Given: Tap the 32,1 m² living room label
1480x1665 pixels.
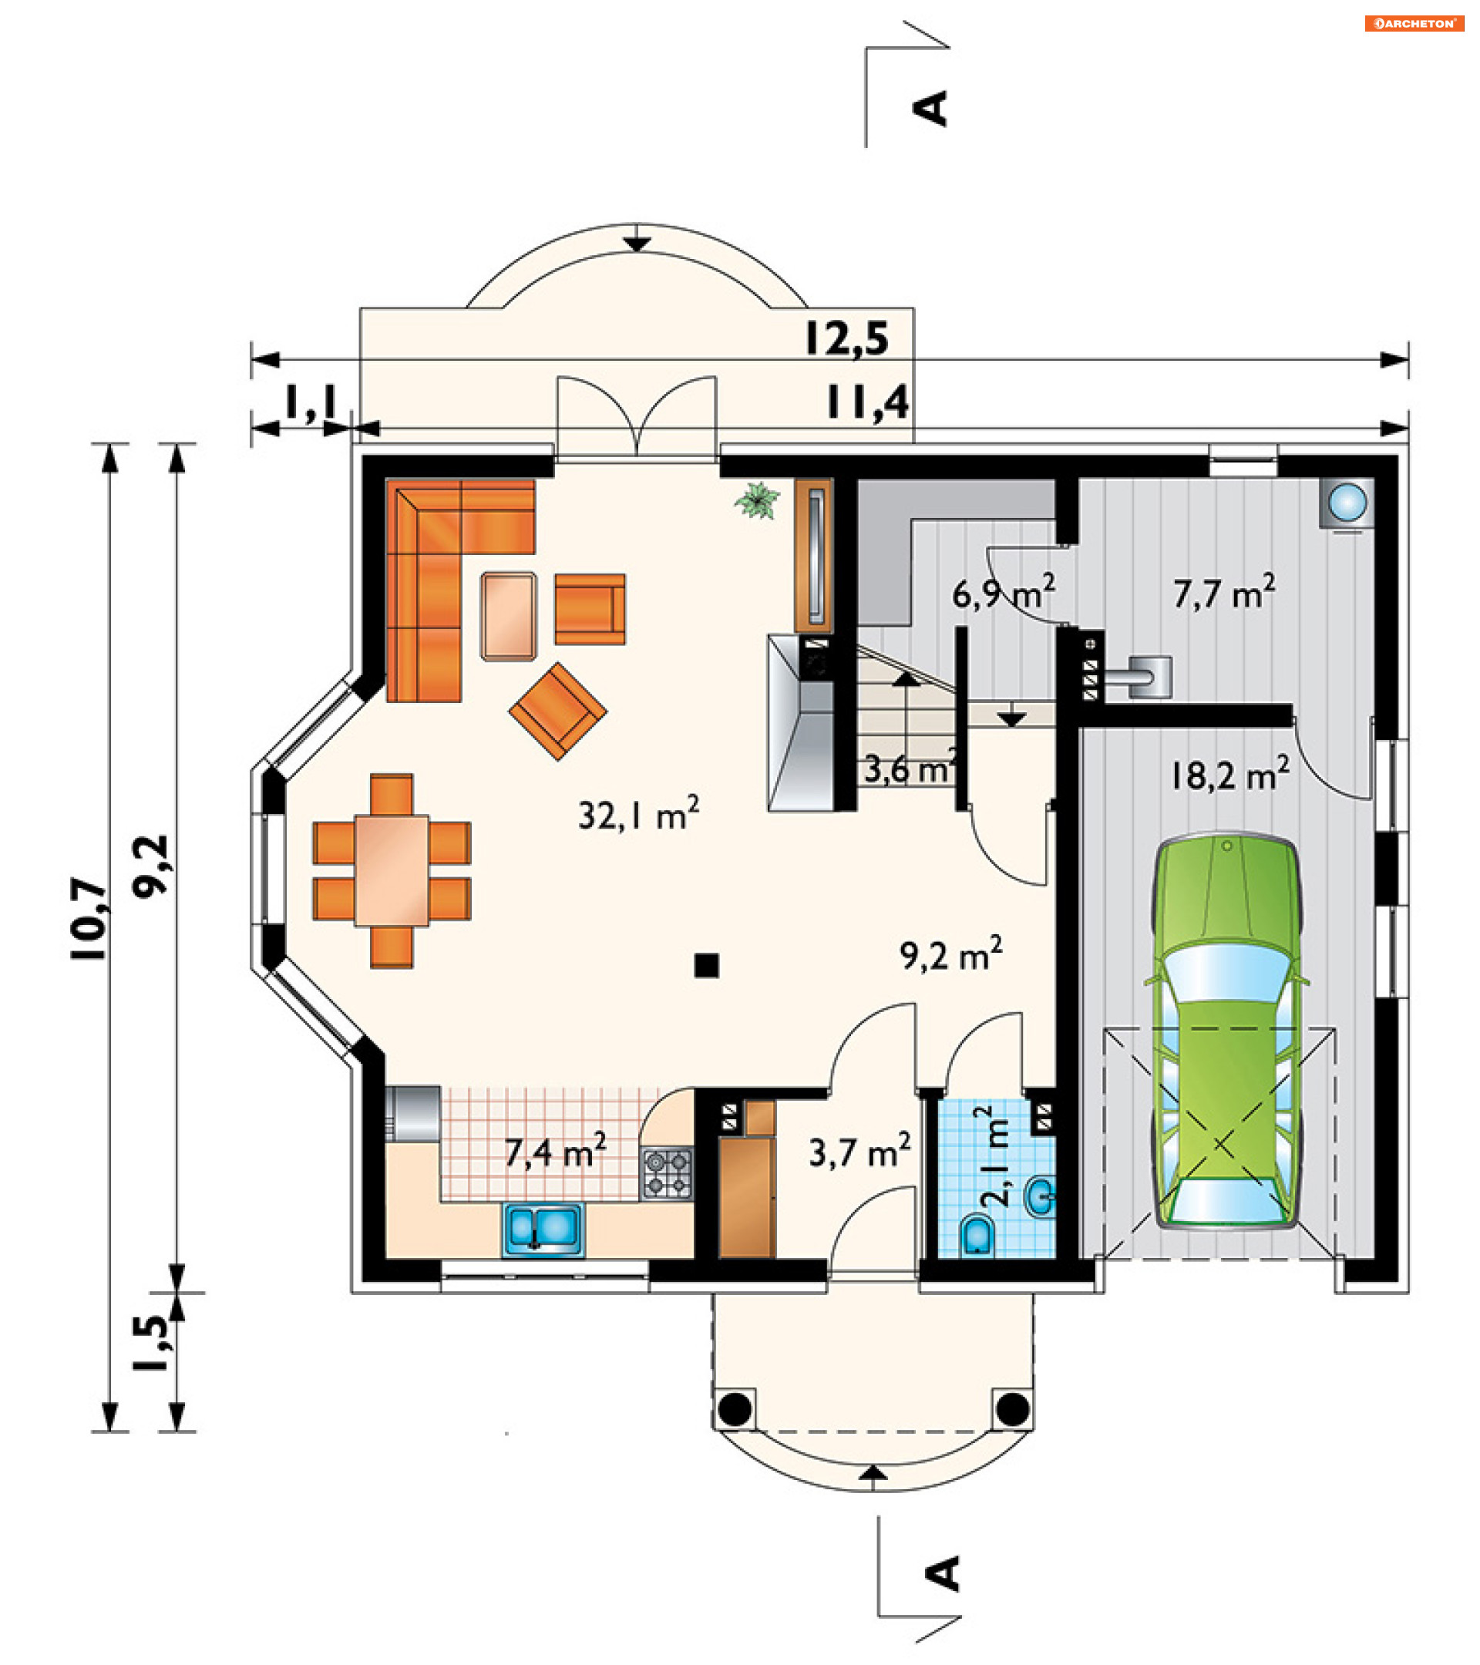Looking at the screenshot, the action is point(638,814).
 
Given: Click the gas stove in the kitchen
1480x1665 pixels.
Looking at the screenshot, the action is point(667,1173).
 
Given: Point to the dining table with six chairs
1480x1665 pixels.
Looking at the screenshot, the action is point(392,870).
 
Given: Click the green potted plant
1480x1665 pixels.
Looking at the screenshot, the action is point(758,499).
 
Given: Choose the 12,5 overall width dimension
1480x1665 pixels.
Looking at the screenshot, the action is point(846,338).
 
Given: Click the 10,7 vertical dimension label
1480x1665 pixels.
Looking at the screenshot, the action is point(89,920).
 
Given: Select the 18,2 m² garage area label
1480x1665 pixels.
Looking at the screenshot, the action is point(1229,775).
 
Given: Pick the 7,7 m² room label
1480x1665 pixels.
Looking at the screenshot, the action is point(1224,592).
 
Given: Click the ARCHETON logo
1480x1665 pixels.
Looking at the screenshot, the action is point(1413,24).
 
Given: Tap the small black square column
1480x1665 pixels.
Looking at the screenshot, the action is point(706,965).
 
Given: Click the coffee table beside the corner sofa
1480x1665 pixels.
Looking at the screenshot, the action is point(508,615).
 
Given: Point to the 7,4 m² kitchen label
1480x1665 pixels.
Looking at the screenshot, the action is point(555,1151).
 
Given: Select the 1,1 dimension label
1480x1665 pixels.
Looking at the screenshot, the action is point(311,402).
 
